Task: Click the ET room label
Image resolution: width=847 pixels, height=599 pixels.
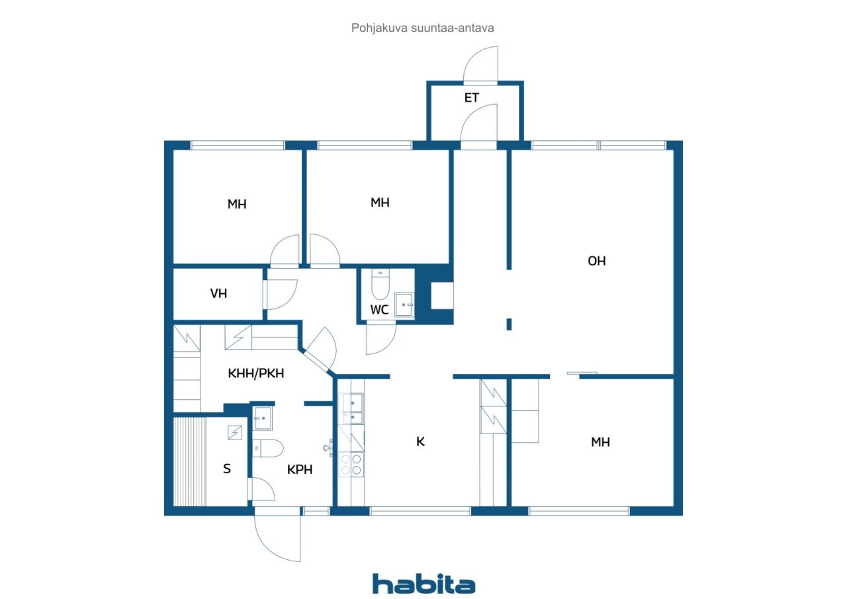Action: (472, 98)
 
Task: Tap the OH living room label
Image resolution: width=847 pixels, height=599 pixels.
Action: (597, 261)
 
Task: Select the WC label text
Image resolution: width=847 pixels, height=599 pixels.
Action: (379, 310)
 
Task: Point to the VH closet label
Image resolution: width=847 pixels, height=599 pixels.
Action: (218, 293)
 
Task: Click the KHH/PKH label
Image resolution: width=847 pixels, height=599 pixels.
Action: (256, 373)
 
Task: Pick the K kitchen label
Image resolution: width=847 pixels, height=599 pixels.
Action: (420, 441)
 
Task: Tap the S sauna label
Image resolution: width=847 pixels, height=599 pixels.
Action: (227, 469)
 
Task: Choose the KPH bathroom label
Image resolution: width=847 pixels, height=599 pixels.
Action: (300, 470)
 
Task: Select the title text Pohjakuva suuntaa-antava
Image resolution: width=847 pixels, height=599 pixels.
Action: (422, 28)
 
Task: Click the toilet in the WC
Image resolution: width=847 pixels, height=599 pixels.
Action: (380, 284)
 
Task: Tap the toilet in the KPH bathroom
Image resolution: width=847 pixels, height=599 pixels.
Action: (268, 449)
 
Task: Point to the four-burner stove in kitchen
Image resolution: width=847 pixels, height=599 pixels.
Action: (351, 465)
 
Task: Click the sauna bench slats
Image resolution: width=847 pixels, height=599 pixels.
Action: (190, 461)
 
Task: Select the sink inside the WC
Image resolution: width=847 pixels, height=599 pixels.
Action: (404, 304)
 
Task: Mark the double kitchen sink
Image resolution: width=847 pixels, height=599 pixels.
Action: (353, 409)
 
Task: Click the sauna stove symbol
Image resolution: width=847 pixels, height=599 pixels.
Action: (235, 433)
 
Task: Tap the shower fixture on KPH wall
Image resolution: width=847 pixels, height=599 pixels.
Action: (328, 447)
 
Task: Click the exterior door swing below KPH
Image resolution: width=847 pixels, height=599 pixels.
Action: (277, 534)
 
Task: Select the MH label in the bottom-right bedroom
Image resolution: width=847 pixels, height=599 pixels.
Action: (600, 442)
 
